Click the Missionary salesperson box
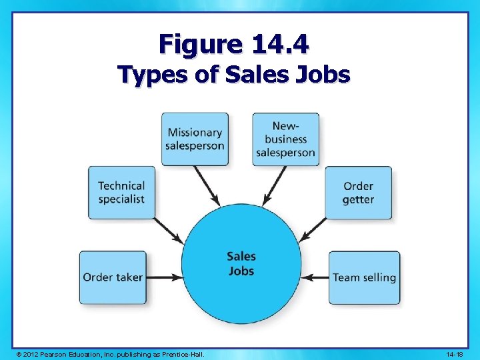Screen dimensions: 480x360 pyautogui.click(x=195, y=139)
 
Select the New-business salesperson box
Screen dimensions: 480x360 pyautogui.click(x=285, y=139)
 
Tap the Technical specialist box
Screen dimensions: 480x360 pyautogui.click(x=121, y=193)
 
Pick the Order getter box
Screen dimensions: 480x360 pyautogui.click(x=358, y=193)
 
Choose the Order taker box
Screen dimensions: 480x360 pyautogui.click(x=113, y=277)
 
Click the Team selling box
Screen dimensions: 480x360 pyautogui.click(x=364, y=277)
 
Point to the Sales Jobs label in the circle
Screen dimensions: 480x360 pyautogui.click(x=241, y=263)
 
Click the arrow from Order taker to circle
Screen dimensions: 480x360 pyautogui.click(x=163, y=277)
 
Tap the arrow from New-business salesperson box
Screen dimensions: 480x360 pyautogui.click(x=274, y=185)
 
